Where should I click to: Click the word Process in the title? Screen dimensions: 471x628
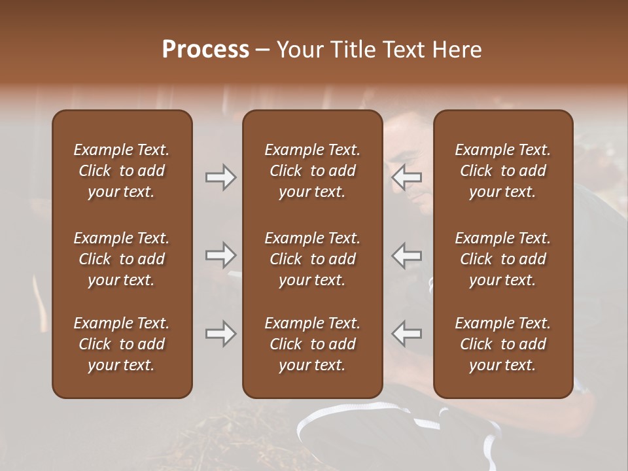[x=205, y=50]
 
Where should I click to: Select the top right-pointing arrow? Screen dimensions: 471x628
[x=220, y=177]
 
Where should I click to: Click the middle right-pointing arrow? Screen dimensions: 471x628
[x=220, y=255]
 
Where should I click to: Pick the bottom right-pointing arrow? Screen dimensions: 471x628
[x=220, y=334]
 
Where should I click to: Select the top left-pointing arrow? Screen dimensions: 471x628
[x=407, y=177]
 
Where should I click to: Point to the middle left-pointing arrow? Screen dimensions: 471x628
[x=407, y=255]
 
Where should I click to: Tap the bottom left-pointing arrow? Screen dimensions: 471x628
[x=407, y=334]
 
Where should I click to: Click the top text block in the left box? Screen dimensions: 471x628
[x=122, y=171]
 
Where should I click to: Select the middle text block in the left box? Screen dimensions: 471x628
[x=122, y=259]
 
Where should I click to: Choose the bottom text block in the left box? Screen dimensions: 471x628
[x=122, y=344]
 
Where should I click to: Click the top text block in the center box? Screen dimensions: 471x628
[x=313, y=171]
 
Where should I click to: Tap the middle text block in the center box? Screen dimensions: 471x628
[x=313, y=259]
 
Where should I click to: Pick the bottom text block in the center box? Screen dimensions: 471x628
[x=313, y=344]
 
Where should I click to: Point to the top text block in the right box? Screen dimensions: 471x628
[x=503, y=171]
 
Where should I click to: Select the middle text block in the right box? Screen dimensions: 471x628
[x=503, y=259]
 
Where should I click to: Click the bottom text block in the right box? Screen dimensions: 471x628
[x=503, y=344]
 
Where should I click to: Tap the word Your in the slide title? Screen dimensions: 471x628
[x=298, y=50]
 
